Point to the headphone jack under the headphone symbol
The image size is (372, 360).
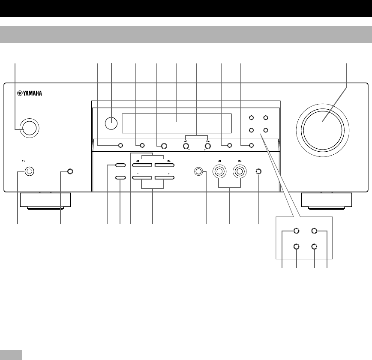(29, 172)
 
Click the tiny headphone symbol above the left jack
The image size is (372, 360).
(23, 161)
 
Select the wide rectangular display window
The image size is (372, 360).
(177, 124)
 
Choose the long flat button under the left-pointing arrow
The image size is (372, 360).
(142, 165)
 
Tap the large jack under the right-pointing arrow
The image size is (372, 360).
(240, 172)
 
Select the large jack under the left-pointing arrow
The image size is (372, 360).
(220, 172)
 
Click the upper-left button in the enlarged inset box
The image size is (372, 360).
(296, 231)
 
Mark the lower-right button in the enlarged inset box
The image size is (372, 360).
(315, 247)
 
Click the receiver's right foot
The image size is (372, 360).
(327, 201)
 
